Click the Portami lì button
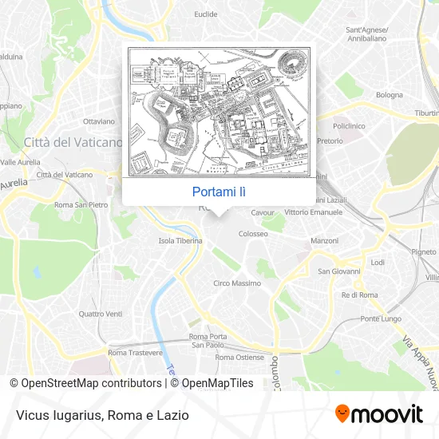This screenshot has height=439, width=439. click(218, 192)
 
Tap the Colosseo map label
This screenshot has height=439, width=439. click(253, 234)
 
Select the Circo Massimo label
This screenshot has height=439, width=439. click(237, 283)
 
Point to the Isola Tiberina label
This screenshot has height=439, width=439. click(180, 240)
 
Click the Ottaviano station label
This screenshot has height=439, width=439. click(100, 122)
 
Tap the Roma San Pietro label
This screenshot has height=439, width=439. click(81, 205)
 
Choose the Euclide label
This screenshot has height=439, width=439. click(205, 14)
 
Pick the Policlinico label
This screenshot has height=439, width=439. click(349, 126)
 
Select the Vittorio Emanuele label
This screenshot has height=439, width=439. click(314, 213)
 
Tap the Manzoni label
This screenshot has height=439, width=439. click(325, 240)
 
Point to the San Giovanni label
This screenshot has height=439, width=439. click(339, 271)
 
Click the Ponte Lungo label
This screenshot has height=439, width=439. click(381, 318)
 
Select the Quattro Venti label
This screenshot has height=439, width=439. click(101, 314)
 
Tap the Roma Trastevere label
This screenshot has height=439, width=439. click(135, 352)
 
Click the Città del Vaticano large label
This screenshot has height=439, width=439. click(73, 143)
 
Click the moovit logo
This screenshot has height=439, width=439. click(378, 414)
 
